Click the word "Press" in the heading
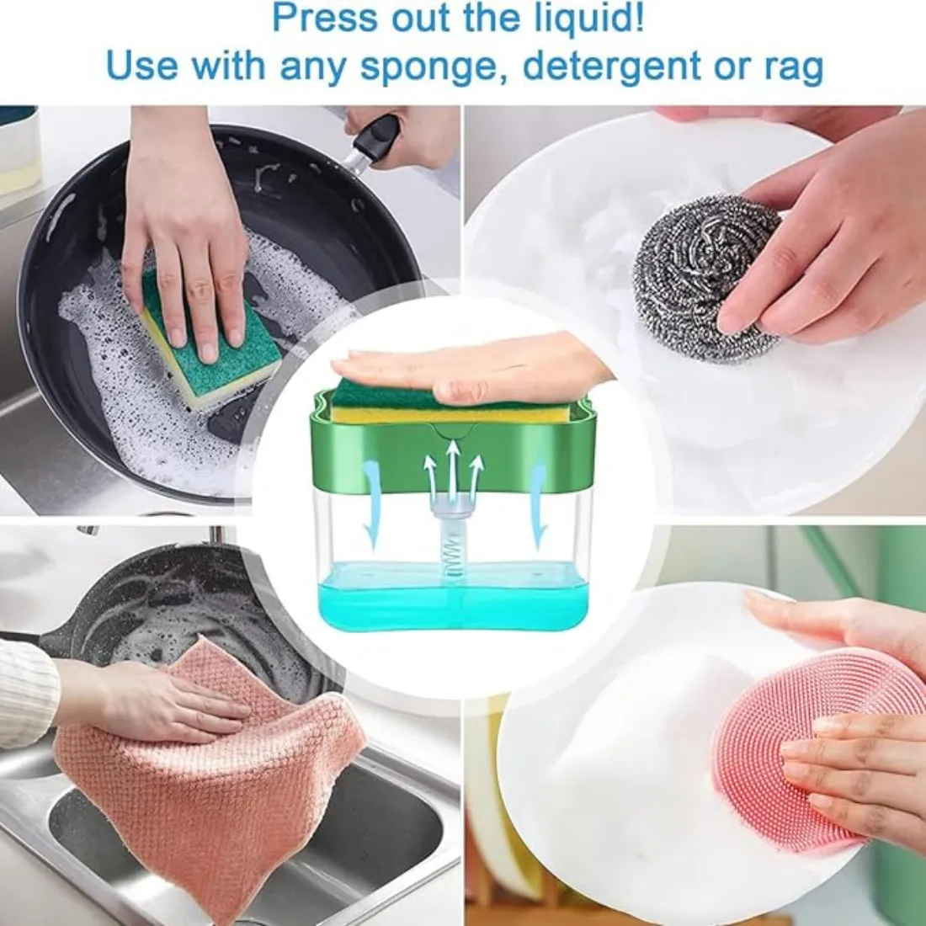(325, 19)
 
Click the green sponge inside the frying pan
(210, 349)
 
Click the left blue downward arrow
(370, 505)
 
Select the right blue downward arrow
(539, 505)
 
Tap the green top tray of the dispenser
(452, 452)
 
